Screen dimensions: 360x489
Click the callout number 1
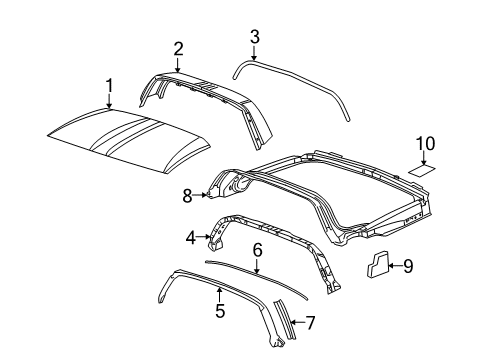pos(110,86)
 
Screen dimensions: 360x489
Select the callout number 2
pos(178,48)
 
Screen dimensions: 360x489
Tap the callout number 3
pos(254,38)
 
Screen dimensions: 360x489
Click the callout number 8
pos(186,196)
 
